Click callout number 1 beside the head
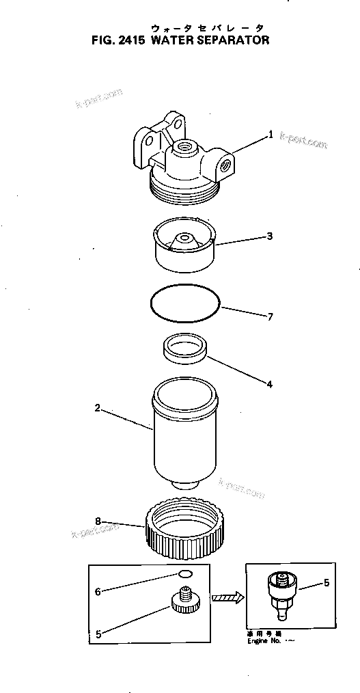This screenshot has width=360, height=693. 271,135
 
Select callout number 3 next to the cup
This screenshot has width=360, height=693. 270,236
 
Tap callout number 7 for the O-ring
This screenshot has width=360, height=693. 271,317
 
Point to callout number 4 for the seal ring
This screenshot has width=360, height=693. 269,384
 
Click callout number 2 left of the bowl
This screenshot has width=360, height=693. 98,408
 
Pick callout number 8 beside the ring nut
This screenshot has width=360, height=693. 98,521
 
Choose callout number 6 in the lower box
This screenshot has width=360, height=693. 98,591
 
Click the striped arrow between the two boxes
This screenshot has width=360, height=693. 228,598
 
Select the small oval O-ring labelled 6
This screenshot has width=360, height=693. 184,574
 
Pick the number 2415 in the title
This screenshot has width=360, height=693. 126,40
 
